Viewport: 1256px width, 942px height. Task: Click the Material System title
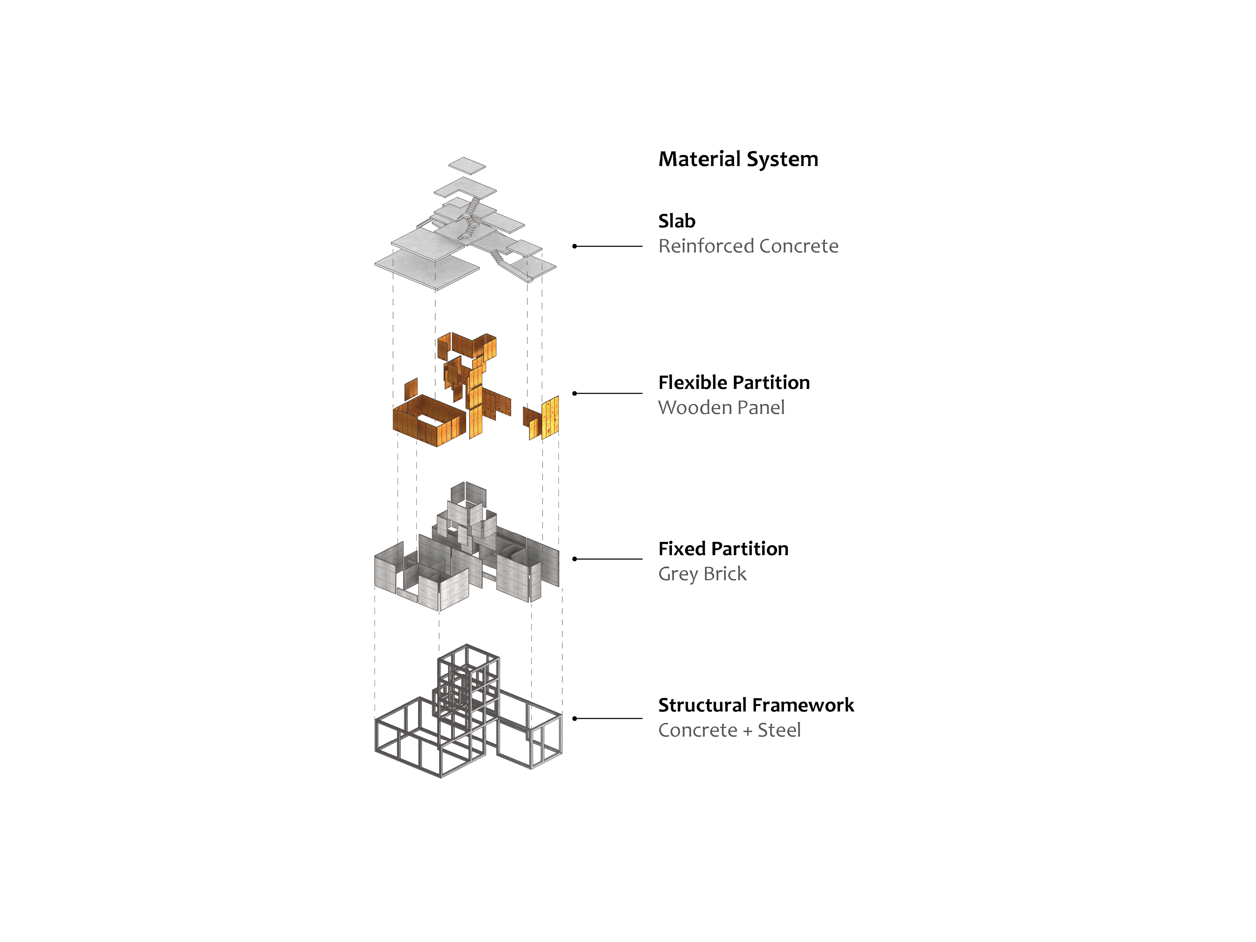pos(738,159)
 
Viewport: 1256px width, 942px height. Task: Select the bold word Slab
pos(677,221)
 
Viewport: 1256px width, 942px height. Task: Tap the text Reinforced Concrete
pos(748,246)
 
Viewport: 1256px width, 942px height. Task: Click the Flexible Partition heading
pos(734,383)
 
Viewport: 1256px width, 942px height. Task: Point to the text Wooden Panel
pos(721,408)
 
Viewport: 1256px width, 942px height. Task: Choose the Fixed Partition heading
pos(723,549)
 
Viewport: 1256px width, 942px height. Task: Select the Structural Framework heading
pos(756,705)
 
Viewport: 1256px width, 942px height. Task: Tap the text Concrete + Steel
pos(729,730)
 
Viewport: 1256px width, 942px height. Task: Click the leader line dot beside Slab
pos(575,246)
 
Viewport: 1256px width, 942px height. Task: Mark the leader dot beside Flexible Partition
pos(575,393)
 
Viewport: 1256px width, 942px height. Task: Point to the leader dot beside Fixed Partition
pos(575,559)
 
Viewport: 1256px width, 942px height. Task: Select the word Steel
pos(779,730)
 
